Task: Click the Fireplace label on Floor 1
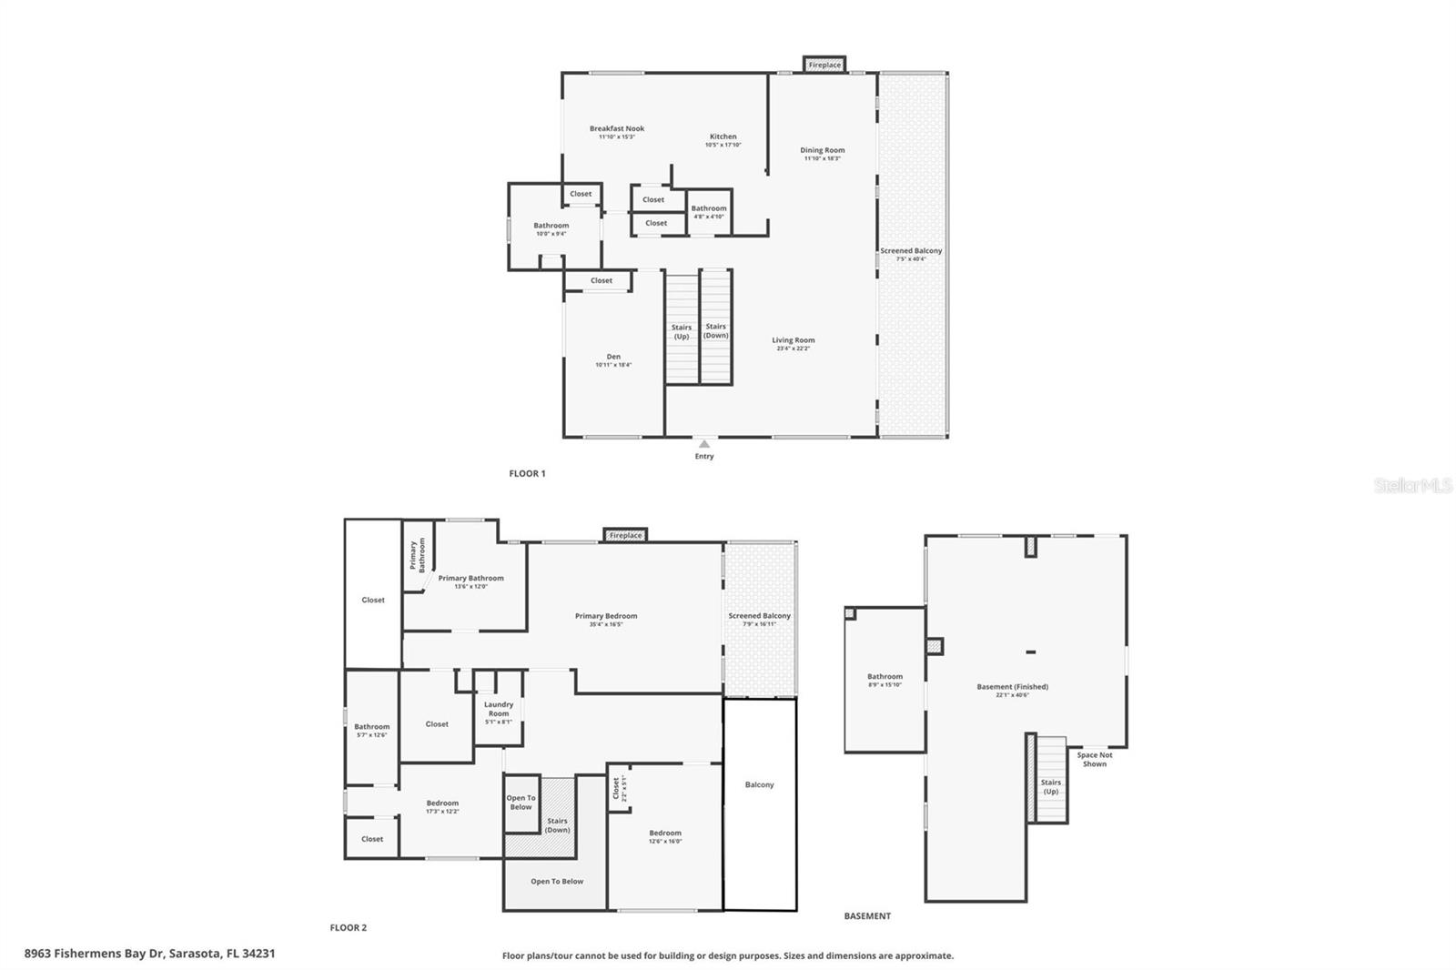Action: click(x=824, y=65)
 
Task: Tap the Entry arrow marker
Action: click(x=703, y=444)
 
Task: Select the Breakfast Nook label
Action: click(x=616, y=129)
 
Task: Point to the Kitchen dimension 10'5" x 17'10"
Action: click(x=723, y=145)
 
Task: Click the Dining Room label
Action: click(x=822, y=150)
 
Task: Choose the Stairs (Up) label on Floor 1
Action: click(x=682, y=331)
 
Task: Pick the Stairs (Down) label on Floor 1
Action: click(x=716, y=330)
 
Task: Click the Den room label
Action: click(x=613, y=357)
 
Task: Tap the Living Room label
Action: click(x=793, y=340)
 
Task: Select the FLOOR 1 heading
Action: click(x=527, y=473)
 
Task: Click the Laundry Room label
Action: click(x=499, y=709)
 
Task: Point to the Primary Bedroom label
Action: click(x=606, y=616)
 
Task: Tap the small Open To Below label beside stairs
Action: click(x=521, y=803)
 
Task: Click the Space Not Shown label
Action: click(x=1094, y=759)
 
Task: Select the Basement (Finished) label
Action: click(x=1012, y=687)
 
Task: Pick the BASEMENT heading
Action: click(x=867, y=916)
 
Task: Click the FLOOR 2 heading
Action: click(x=348, y=928)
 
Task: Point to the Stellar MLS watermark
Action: click(x=1412, y=486)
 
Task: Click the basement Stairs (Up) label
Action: click(x=1051, y=786)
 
